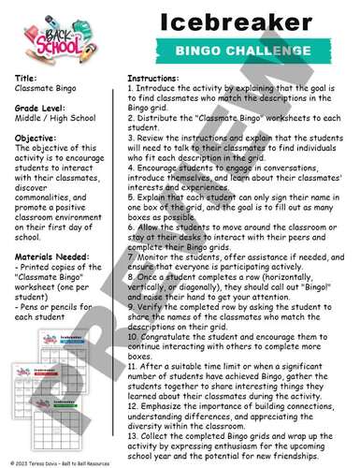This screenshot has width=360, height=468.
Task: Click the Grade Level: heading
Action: [41, 109]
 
